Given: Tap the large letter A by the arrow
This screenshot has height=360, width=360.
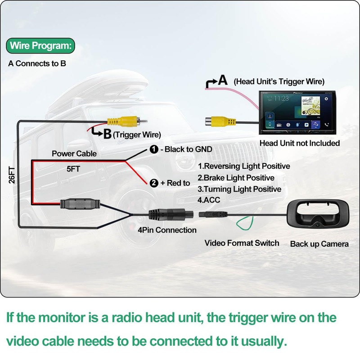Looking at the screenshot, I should [222, 81].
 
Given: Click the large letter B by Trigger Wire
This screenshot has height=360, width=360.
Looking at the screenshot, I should [107, 133].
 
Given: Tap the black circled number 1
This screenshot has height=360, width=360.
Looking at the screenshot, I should [153, 149].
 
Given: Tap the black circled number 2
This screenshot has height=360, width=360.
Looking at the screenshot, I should [154, 183].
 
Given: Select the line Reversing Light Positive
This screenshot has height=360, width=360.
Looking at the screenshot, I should [244, 166].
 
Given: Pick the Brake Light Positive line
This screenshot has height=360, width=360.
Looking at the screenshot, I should [236, 178].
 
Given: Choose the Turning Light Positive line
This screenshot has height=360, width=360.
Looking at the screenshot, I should [239, 189].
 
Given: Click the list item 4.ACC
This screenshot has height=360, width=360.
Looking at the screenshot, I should [209, 200].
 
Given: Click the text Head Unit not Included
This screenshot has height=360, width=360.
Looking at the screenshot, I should [300, 143].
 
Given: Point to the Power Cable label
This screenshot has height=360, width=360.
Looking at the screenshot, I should [74, 153].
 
